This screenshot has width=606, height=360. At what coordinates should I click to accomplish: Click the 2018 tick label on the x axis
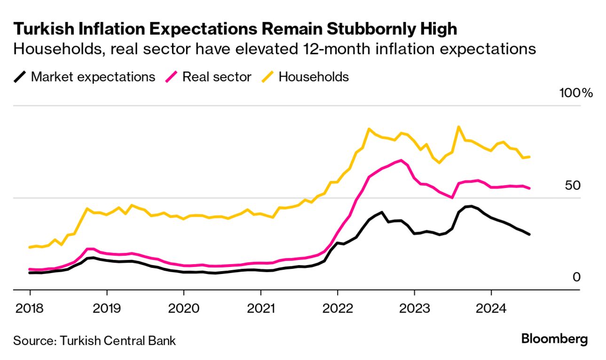(x=30, y=309)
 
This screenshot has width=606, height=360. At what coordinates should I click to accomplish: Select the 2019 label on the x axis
(x=107, y=309)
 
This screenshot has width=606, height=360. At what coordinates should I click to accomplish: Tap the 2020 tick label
(x=183, y=309)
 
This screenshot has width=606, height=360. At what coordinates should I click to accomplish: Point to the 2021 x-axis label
(x=260, y=309)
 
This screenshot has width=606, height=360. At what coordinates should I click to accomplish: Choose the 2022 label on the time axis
(x=337, y=309)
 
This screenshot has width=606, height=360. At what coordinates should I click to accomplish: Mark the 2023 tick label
(x=414, y=309)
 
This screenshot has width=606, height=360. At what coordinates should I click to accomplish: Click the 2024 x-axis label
(x=491, y=309)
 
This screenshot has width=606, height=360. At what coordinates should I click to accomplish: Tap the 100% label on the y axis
(x=576, y=93)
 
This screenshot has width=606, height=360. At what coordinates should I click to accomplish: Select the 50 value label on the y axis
(x=573, y=186)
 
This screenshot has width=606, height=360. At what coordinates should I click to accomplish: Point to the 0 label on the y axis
(x=576, y=278)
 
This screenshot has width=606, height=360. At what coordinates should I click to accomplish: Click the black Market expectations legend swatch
(x=20, y=77)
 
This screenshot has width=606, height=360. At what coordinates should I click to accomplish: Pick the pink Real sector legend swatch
(x=172, y=77)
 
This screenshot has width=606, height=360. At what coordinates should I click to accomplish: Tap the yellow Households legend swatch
(x=268, y=77)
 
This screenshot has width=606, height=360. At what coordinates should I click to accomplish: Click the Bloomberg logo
(x=554, y=339)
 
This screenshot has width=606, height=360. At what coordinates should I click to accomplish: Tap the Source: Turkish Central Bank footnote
(x=94, y=341)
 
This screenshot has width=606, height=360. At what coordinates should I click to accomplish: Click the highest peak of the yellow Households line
(x=458, y=126)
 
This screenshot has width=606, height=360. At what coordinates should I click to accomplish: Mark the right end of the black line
(x=530, y=235)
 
